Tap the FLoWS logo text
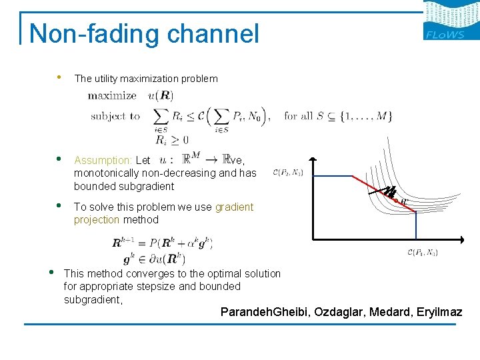click(x=445, y=35)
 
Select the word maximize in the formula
click(x=112, y=96)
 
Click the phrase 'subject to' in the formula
click(x=115, y=116)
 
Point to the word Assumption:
click(x=103, y=160)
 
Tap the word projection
click(x=97, y=219)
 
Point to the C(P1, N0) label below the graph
click(x=421, y=252)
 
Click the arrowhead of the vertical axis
click(x=313, y=160)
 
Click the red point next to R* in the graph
click(x=396, y=201)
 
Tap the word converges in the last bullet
click(x=141, y=273)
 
